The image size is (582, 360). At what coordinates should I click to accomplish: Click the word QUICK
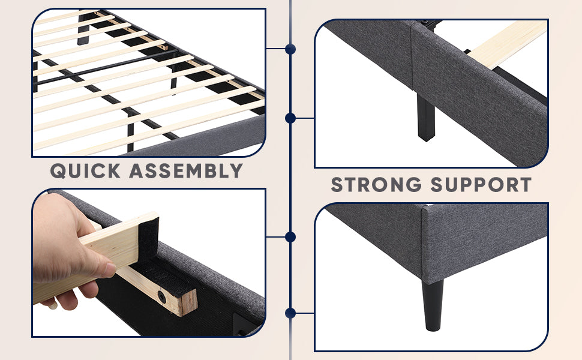[85, 171]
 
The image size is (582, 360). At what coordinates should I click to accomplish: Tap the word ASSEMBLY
[186, 171]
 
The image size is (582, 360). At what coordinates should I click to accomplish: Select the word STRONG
[376, 184]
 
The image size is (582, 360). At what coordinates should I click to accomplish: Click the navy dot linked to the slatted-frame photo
[290, 49]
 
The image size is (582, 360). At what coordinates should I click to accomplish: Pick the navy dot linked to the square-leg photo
[290, 118]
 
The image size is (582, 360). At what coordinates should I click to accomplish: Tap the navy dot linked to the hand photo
[290, 237]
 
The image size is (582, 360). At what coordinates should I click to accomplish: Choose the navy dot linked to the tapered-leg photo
[290, 313]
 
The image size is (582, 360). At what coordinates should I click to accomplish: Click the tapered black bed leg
[433, 305]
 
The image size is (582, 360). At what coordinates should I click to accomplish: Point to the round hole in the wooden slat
[162, 296]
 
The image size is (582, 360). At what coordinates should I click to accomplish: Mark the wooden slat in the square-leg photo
[506, 44]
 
